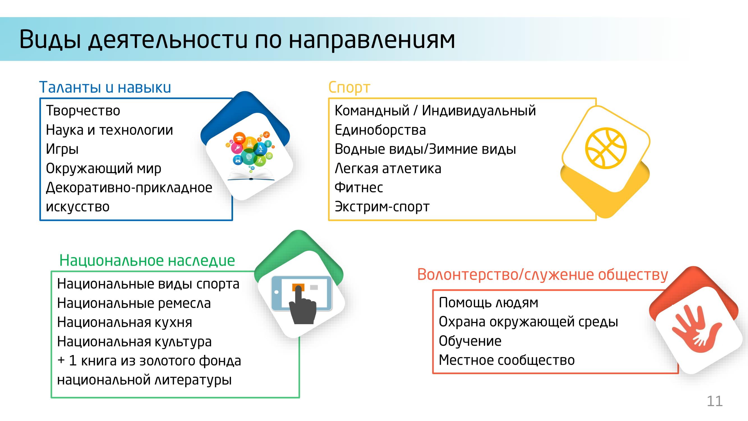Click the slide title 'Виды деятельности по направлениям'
pos(237,40)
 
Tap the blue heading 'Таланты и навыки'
pos(105,87)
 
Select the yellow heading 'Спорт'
pos(349,87)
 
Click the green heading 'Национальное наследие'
pos(147,260)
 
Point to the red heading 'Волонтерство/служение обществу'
pos(542,274)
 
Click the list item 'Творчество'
pos(83,110)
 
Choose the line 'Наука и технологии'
pos(109,130)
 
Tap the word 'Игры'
pos(62,149)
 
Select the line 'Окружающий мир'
pos(103,168)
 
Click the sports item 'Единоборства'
pos(380,130)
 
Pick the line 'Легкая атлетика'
pos(388,168)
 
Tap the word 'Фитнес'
pos(359,187)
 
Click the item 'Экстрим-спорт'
pos(382,207)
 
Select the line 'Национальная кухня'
pos(125,322)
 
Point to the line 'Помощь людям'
pos(488,303)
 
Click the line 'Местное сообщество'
pos(507,360)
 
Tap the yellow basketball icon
pos(606,148)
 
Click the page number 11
pos(715,401)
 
